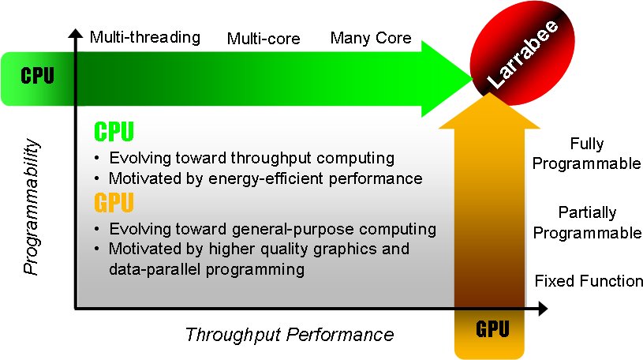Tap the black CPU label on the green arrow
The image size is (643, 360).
(37, 77)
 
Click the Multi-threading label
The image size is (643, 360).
(145, 37)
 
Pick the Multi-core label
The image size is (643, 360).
(264, 39)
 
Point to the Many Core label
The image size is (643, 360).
(371, 38)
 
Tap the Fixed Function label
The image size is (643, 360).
(589, 281)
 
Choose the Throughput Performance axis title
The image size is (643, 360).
(289, 335)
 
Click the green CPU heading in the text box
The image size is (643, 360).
(114, 131)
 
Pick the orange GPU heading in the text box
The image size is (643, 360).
(114, 204)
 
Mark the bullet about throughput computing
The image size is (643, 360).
(252, 157)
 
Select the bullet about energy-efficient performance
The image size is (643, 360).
(265, 178)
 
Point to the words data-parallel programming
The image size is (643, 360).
(207, 269)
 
